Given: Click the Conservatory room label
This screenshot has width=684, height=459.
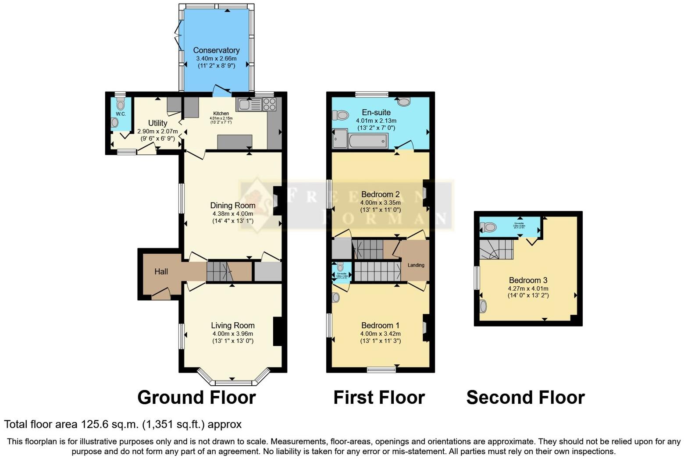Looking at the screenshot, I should tap(216, 50).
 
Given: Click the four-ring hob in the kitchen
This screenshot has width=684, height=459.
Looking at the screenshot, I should tap(269, 104).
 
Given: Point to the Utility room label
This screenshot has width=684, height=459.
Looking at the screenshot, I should tap(157, 123).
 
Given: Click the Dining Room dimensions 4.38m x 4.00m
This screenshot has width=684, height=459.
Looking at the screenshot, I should tap(232, 214).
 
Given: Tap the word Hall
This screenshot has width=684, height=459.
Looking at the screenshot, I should tap(161, 272).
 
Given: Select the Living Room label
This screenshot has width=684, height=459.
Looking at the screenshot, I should tap(232, 325).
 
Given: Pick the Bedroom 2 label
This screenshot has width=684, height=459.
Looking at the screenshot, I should tap(380, 194).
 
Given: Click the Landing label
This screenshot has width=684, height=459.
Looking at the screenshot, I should tap(416, 265).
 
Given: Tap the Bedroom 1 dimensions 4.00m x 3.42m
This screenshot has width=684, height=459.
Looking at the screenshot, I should tap(380, 334).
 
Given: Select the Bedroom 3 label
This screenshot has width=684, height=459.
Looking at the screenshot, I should tap(528, 280).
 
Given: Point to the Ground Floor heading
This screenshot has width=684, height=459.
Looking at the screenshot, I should tap(196, 398).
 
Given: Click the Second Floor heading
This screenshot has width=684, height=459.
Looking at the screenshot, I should tap(525, 398).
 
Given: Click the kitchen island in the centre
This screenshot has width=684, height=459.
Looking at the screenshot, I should tap(235, 142).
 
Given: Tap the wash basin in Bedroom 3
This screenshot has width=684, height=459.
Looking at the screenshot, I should tap(483, 306).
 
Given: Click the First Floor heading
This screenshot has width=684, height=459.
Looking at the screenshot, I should tap(379, 398).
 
